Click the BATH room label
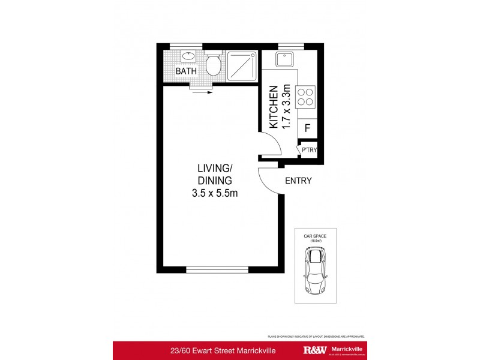coord(187,71)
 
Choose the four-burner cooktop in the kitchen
coord(305,96)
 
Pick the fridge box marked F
coord(307,128)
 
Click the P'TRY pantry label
coord(309,150)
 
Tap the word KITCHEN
coord(274,107)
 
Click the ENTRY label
coord(298,181)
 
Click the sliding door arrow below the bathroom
coord(202,93)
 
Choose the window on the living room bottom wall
coord(217,269)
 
